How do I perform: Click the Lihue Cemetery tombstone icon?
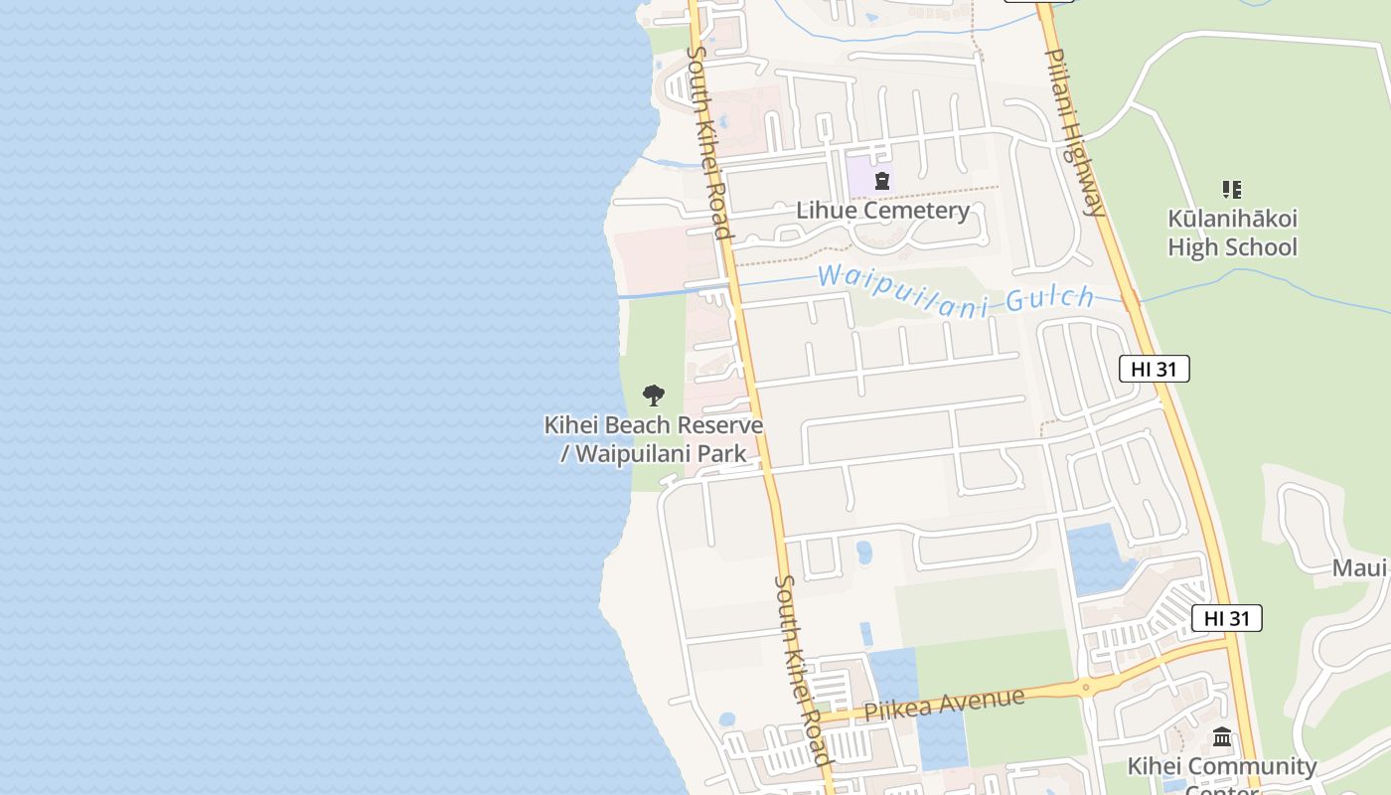click(881, 181)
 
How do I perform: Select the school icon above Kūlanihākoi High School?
click(1232, 189)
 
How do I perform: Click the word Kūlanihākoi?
click(1232, 219)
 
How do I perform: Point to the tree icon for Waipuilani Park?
click(653, 396)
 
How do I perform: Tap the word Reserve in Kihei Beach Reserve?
click(713, 425)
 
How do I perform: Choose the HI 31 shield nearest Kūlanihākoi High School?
click(1154, 369)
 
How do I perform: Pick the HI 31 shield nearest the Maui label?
click(1226, 618)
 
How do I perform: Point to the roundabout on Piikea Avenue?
click(1086, 687)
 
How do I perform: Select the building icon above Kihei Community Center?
click(1222, 737)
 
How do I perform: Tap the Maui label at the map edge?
click(1359, 568)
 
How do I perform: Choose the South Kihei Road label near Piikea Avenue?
click(801, 671)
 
